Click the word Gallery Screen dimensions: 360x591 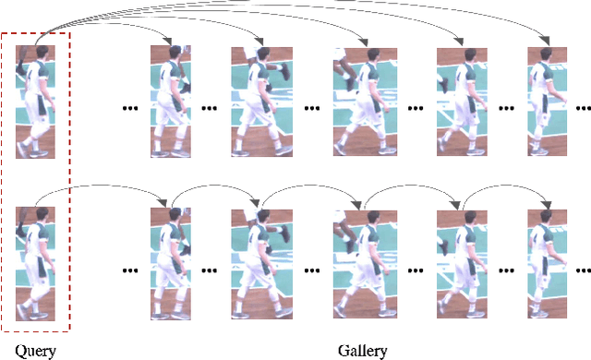(362, 350)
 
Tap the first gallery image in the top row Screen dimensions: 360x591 (172, 102)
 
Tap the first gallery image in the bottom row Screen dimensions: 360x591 (172, 264)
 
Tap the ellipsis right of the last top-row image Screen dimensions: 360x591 (583, 108)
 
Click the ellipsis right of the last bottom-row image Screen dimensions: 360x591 (583, 270)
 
